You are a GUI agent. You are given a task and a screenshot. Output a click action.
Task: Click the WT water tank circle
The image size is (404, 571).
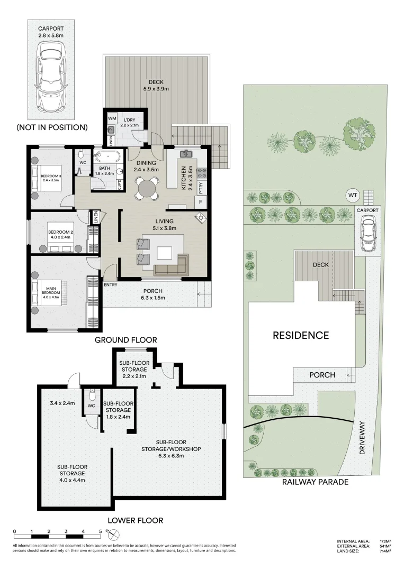[x=352, y=195]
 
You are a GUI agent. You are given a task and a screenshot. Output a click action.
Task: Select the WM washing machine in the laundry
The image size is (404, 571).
[x=112, y=118]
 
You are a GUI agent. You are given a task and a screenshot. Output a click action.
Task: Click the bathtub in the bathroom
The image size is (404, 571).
[x=106, y=156]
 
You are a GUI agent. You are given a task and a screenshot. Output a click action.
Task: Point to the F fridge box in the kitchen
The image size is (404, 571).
[x=201, y=201]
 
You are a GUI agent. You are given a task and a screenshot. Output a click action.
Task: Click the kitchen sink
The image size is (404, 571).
[x=186, y=154]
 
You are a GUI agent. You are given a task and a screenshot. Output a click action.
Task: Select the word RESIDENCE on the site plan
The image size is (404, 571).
[x=301, y=335]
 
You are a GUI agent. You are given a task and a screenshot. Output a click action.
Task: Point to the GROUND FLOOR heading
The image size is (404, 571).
[x=125, y=339]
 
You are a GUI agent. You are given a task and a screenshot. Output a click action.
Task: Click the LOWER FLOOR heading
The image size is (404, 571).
[x=135, y=520]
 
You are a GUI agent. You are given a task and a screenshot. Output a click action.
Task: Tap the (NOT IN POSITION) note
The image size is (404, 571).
[x=51, y=127]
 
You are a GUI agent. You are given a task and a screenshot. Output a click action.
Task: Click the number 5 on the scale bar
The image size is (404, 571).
[x=100, y=531]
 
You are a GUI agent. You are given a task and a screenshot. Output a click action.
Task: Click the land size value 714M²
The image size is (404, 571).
[x=385, y=551]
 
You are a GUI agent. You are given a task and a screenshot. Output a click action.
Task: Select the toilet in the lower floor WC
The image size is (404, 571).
[x=92, y=395]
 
